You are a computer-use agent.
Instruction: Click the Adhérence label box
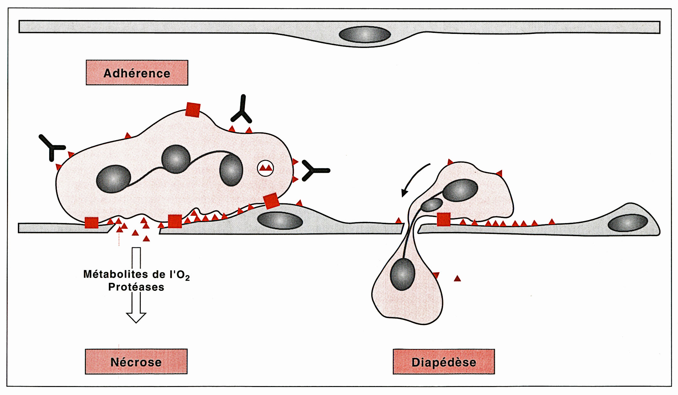click(x=137, y=73)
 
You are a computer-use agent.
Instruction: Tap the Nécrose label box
click(x=136, y=362)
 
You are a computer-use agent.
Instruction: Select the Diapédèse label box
click(x=444, y=362)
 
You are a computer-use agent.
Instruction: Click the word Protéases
click(x=136, y=287)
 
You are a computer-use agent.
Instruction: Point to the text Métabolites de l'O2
click(x=136, y=275)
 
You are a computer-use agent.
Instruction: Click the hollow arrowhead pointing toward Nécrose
click(x=136, y=317)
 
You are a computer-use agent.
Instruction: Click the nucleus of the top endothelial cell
click(x=365, y=35)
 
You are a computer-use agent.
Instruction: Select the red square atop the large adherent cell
click(x=193, y=110)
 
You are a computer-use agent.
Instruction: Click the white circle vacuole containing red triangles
click(x=265, y=168)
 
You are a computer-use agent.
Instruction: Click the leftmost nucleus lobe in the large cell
click(x=113, y=179)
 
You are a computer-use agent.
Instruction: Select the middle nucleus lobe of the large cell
click(x=176, y=159)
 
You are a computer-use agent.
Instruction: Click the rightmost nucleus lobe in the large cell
click(x=231, y=170)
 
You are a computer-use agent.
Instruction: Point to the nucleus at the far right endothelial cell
click(x=628, y=223)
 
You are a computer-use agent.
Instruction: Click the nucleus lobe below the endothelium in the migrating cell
click(x=403, y=275)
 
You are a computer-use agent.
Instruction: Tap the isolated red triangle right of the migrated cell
click(x=457, y=278)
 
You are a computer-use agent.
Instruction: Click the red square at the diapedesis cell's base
click(x=443, y=219)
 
